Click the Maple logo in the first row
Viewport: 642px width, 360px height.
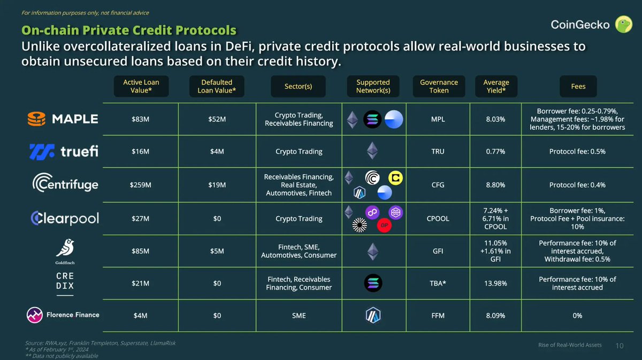[x=63, y=119]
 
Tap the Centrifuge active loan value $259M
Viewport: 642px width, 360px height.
[x=140, y=185]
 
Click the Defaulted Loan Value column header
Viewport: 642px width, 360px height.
[x=217, y=86]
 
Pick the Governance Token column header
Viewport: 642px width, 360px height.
[x=439, y=86]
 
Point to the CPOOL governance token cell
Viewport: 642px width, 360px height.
[x=437, y=218]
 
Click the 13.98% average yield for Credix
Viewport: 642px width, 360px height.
[x=495, y=284]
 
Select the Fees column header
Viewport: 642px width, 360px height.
[x=578, y=86]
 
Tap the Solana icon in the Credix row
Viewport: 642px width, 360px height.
[x=372, y=283]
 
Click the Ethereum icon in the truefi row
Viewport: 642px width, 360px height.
[x=372, y=151]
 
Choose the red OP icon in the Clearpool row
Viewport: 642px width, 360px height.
[x=384, y=226]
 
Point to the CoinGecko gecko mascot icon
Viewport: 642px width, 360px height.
[x=623, y=25]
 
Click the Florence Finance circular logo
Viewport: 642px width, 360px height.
[x=35, y=315]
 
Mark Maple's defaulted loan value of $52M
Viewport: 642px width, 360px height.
[x=217, y=119]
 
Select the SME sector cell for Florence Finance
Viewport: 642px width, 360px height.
[x=299, y=316]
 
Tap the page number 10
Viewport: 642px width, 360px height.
[x=620, y=346]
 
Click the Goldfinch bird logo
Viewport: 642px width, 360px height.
[x=65, y=249]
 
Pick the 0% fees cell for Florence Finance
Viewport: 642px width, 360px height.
[x=577, y=316]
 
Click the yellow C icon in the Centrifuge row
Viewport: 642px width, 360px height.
[x=396, y=178]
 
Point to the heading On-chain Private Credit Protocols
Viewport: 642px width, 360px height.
[x=128, y=30]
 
